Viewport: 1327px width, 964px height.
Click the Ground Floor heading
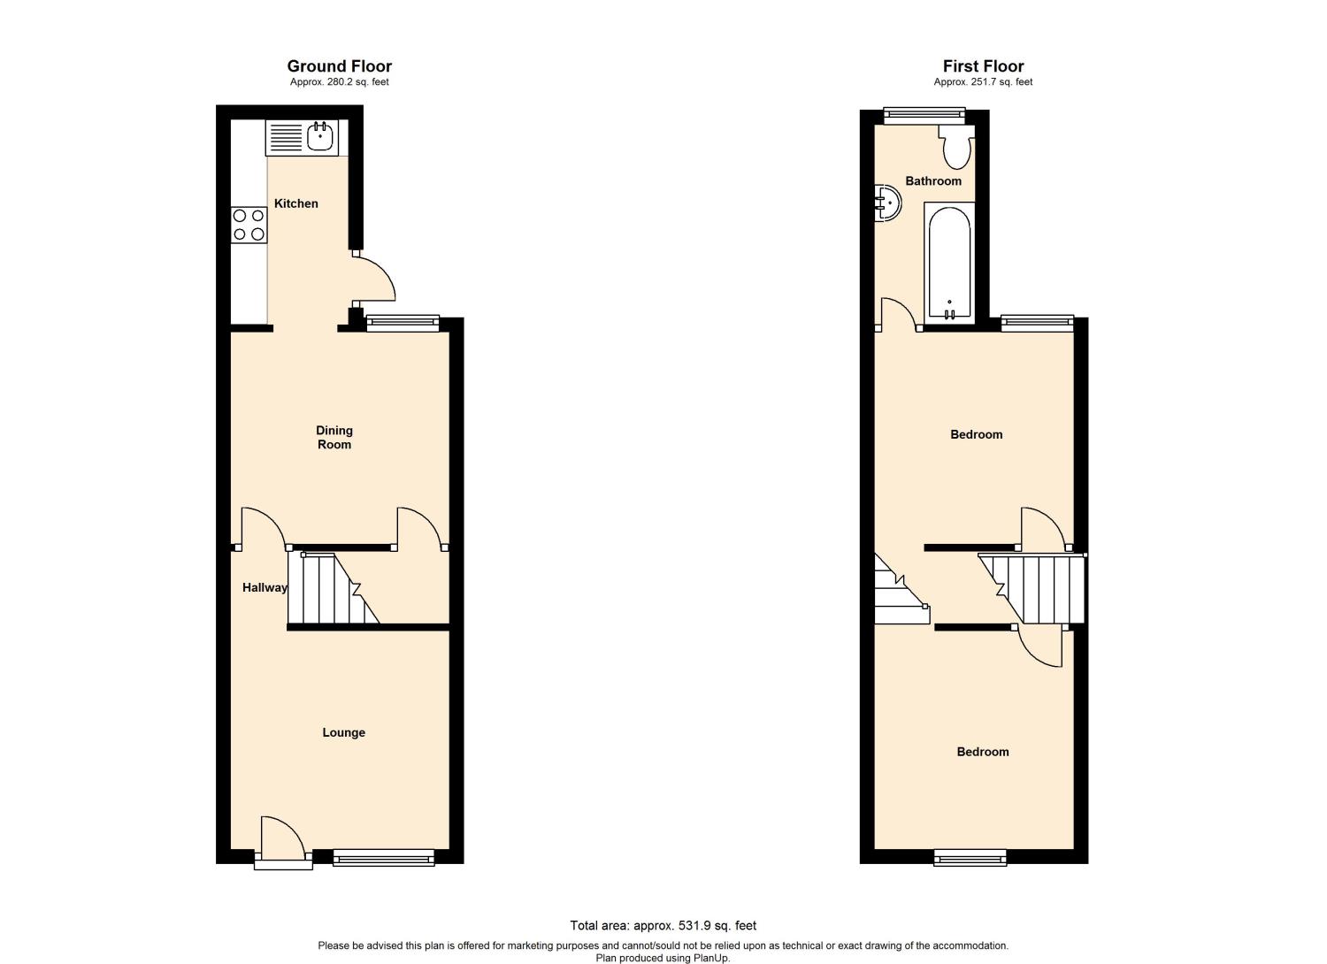(340, 65)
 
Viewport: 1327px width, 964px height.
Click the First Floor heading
(984, 65)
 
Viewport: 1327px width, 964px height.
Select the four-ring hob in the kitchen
(249, 225)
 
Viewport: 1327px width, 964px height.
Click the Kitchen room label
(296, 203)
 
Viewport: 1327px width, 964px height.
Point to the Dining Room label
(334, 438)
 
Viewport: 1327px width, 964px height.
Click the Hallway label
(265, 587)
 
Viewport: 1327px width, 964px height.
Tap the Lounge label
(343, 732)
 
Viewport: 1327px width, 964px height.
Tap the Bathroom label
(933, 181)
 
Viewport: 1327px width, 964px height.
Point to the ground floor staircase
(334, 588)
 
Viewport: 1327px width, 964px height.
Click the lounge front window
(384, 858)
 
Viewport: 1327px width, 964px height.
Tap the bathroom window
(924, 116)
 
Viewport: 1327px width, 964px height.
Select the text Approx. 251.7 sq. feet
(983, 82)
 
